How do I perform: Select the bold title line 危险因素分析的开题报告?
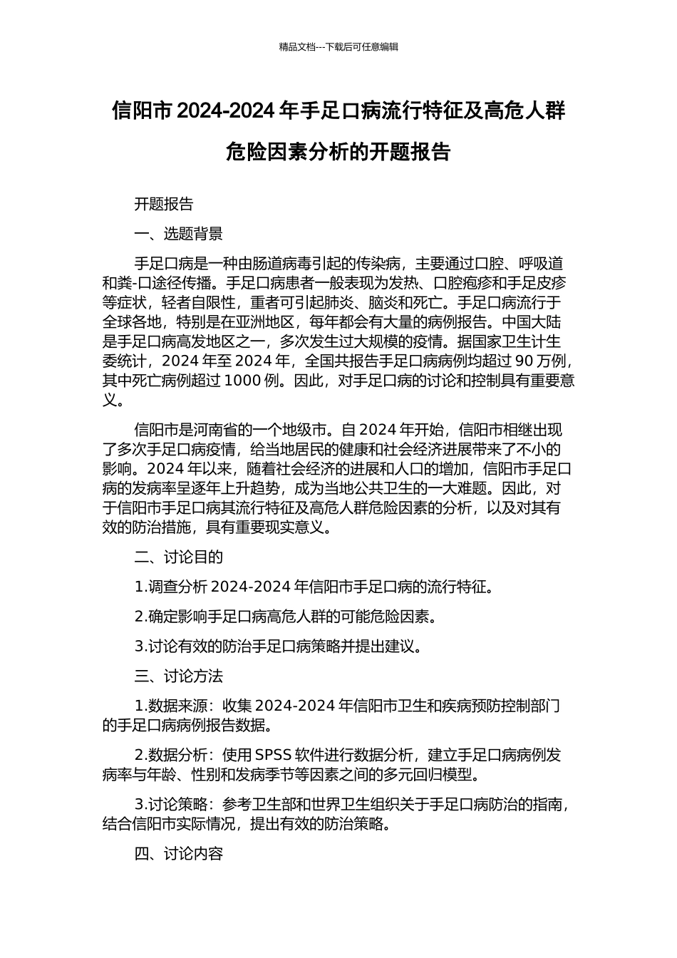pos(338,152)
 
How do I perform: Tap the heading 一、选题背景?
pos(178,234)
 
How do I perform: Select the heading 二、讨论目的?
pos(178,557)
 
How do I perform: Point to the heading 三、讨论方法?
pos(178,676)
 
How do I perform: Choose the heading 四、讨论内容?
pos(178,854)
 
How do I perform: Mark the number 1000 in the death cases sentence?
pos(242,380)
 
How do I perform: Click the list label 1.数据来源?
pos(170,706)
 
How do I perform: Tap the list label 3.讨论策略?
pos(170,805)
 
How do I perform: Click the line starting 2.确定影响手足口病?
pos(285,617)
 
